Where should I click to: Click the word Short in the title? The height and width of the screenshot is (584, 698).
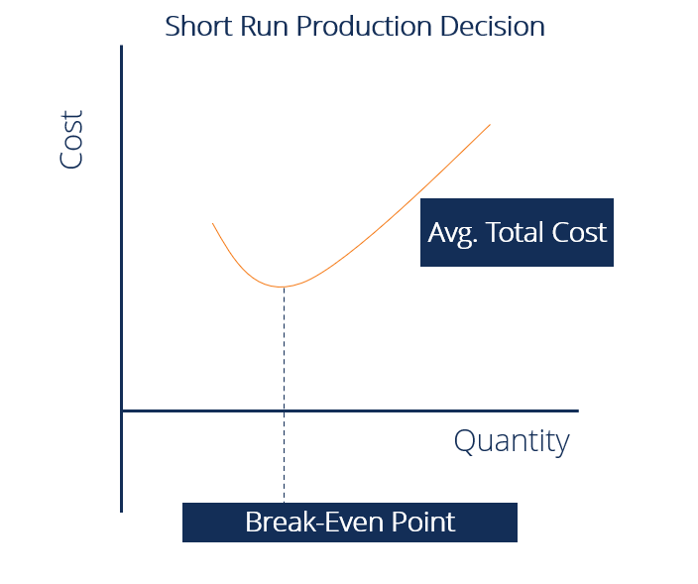tap(194, 26)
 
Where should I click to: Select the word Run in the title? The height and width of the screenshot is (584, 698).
tap(256, 26)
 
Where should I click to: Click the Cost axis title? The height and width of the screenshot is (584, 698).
tap(71, 140)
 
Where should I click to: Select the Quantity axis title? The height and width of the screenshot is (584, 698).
tap(512, 440)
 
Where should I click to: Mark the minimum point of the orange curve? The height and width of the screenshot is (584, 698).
tap(284, 287)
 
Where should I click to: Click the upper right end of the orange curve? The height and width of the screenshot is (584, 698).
tap(490, 125)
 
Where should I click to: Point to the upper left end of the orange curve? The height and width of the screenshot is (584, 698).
tap(213, 224)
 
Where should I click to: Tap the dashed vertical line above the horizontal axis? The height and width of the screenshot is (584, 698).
tap(284, 347)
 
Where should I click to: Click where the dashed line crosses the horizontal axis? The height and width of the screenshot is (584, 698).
tap(284, 409)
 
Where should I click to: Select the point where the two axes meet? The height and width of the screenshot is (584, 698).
tap(122, 409)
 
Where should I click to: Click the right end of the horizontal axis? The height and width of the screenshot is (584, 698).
tap(577, 409)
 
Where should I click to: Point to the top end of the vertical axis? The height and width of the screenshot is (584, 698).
tap(122, 47)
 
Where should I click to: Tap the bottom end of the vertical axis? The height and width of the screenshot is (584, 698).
tap(122, 511)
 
